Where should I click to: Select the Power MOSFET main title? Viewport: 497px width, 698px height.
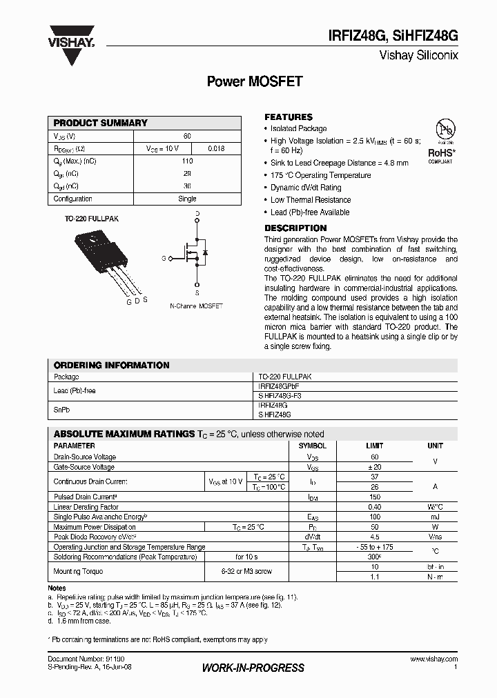255,81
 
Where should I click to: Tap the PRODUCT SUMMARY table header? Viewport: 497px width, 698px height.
101,123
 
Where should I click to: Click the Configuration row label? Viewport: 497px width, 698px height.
73,199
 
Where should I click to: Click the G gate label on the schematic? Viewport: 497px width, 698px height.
164,259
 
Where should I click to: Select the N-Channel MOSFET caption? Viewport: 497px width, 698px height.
196,305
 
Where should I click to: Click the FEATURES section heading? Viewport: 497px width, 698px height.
289,117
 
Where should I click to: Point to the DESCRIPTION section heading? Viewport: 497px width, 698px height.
295,228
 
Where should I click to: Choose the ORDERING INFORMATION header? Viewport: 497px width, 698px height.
111,366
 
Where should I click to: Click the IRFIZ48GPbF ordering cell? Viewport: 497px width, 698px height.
278,387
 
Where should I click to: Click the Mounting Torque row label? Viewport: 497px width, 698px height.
78,572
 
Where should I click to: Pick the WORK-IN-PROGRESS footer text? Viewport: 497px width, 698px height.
253,668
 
